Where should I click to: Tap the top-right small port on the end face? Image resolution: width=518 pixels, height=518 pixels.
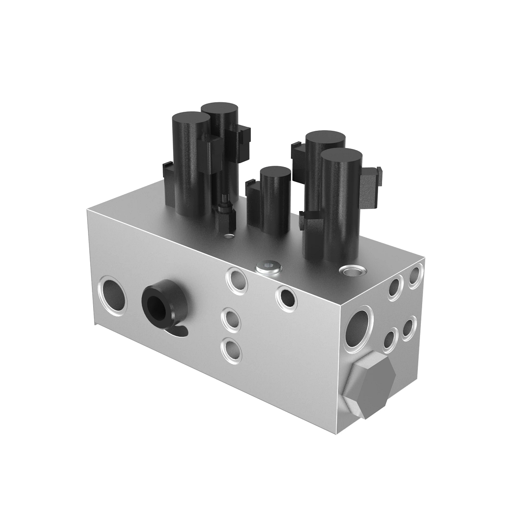tap(415, 276)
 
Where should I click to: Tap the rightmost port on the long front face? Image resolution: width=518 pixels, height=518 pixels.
tap(287, 297)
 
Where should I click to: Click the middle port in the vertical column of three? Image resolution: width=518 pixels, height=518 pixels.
tap(231, 320)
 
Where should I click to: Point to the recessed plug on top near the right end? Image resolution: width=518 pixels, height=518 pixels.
tap(352, 271)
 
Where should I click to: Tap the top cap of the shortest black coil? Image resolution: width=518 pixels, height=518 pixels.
tap(275, 172)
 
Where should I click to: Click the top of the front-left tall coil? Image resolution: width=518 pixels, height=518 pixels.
tap(190, 118)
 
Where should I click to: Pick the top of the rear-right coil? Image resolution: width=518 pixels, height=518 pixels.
tap(325, 138)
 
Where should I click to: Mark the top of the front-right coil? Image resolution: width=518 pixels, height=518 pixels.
tap(341, 155)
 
